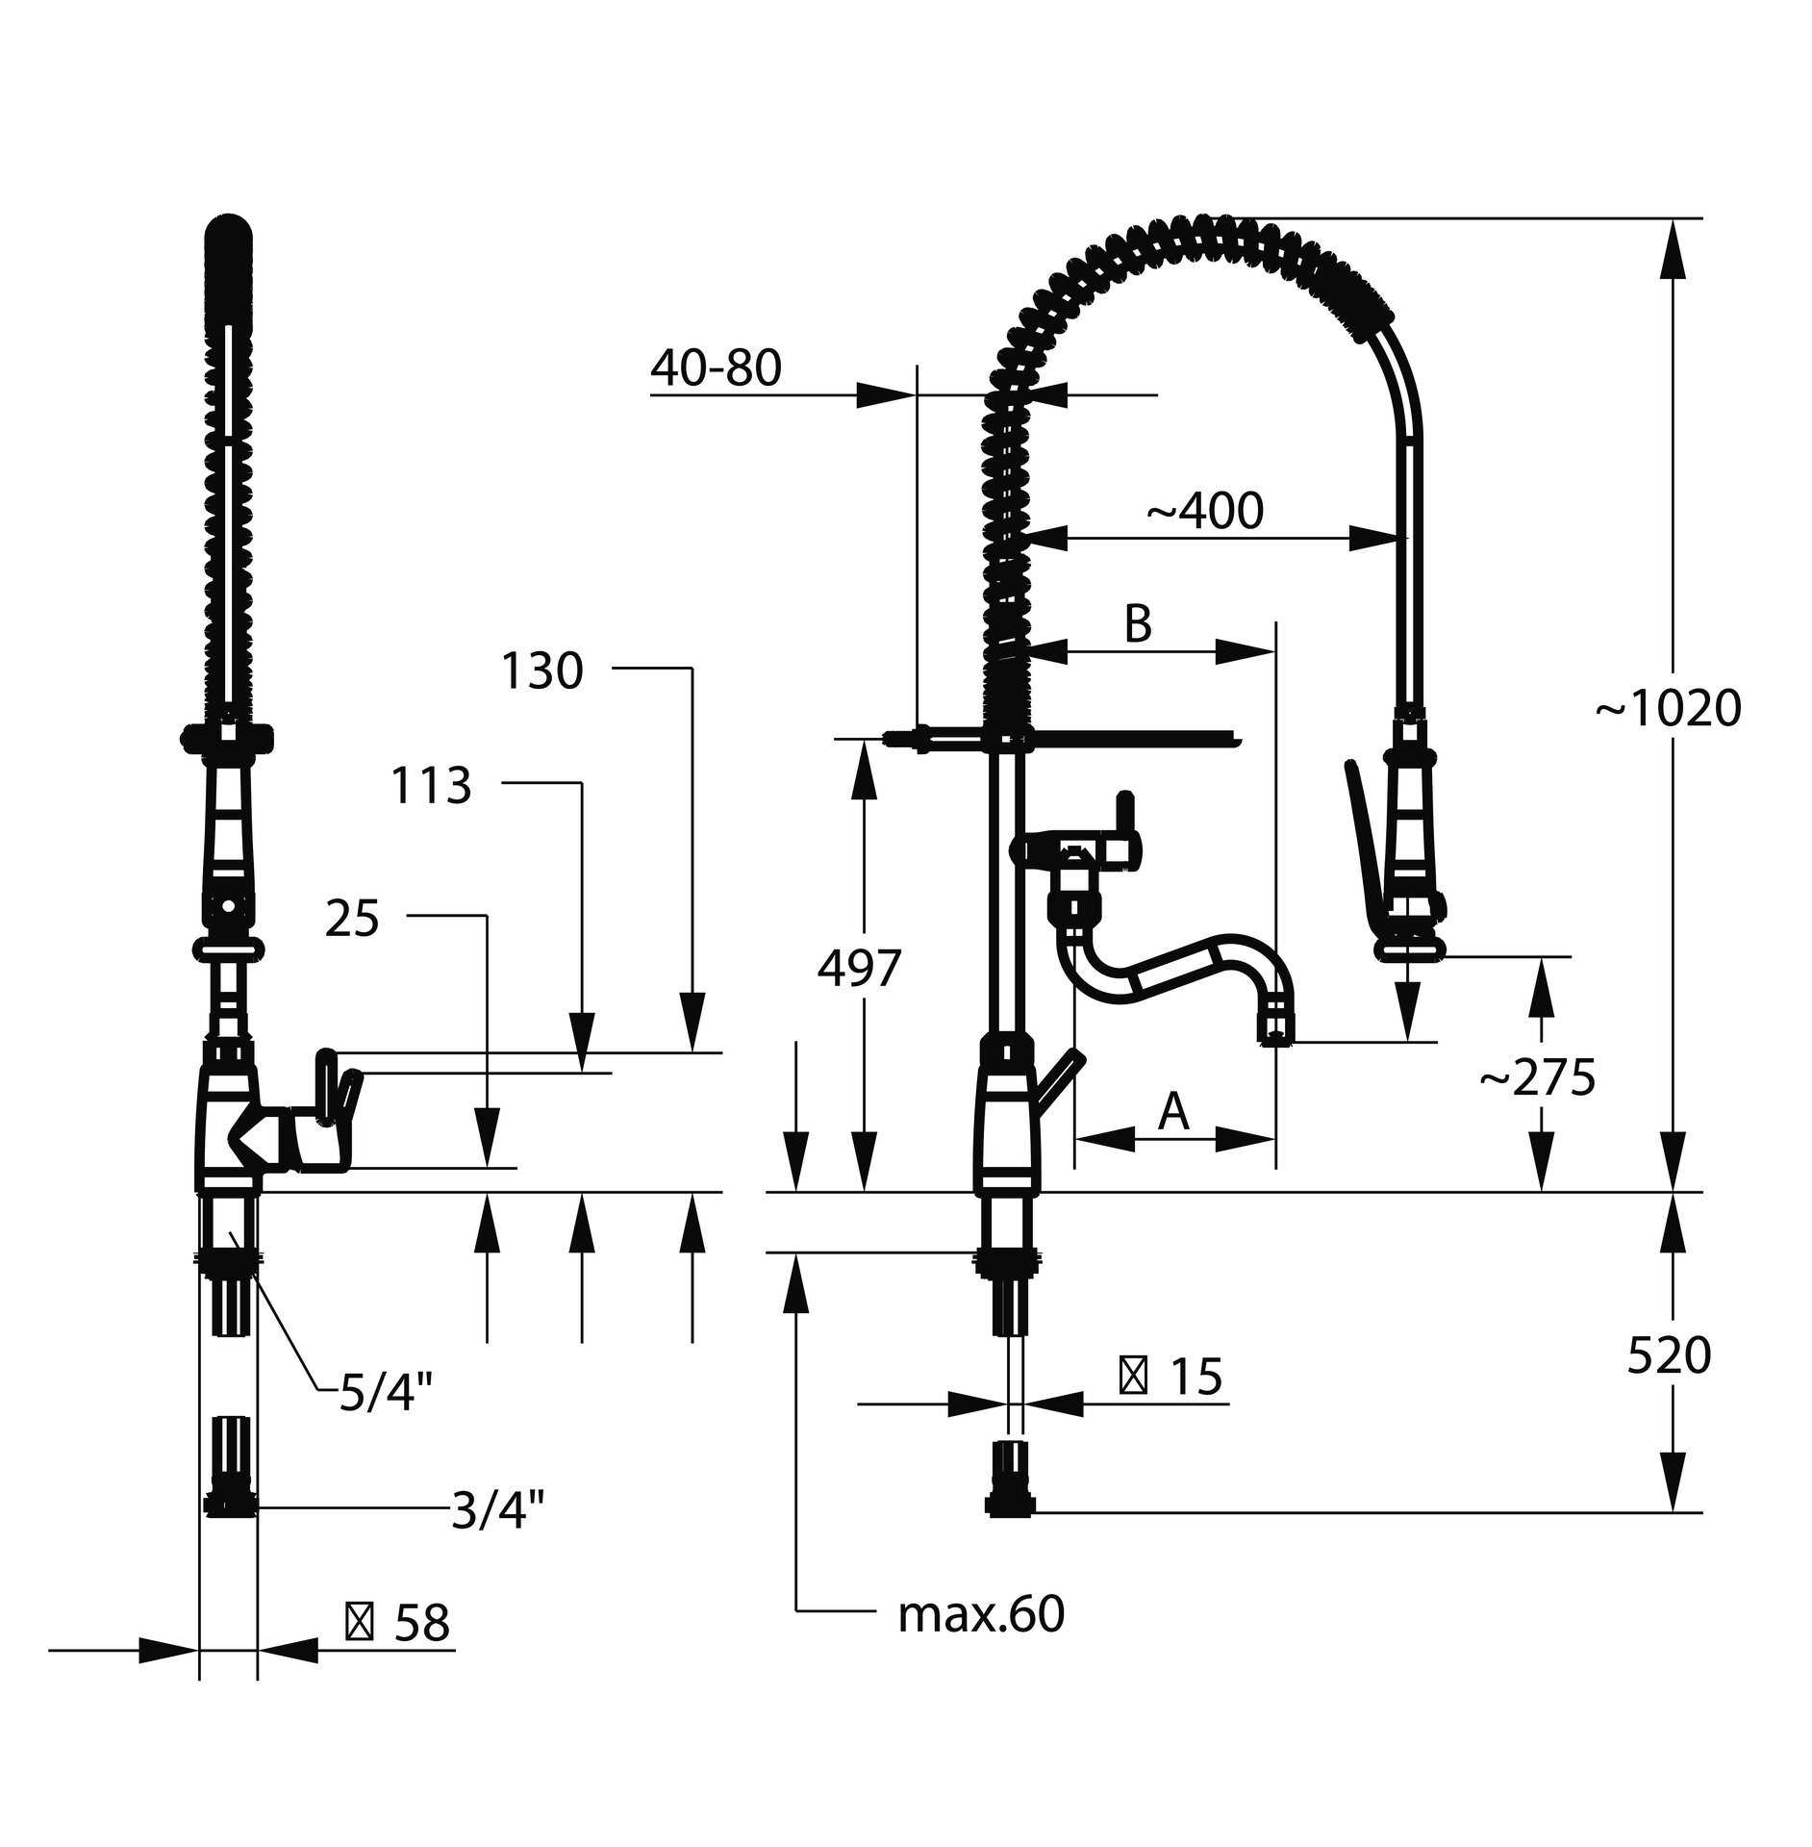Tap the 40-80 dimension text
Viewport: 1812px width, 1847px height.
[x=716, y=368]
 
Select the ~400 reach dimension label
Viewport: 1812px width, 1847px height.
[x=1204, y=512]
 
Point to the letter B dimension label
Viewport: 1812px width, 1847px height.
[x=1137, y=624]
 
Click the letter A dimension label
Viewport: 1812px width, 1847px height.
[x=1172, y=1112]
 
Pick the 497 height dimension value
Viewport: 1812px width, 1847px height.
[x=859, y=970]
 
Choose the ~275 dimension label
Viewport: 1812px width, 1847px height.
[x=1537, y=1078]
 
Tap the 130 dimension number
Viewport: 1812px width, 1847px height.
[x=541, y=671]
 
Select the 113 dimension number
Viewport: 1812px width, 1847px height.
[x=431, y=786]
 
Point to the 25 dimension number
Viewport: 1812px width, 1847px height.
[x=352, y=920]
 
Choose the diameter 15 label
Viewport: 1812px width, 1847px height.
[x=1170, y=1377]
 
